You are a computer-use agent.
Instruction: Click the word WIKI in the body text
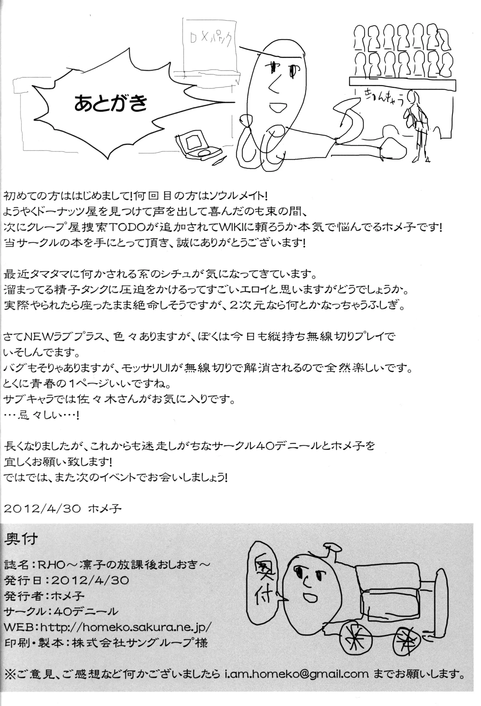(277, 229)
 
